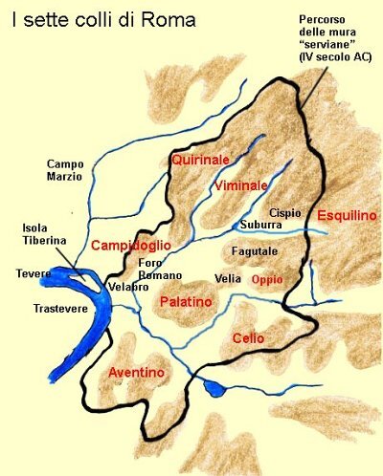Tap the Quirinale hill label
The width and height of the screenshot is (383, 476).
(198, 160)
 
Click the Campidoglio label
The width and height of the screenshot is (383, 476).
(131, 246)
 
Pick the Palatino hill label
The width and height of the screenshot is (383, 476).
(185, 302)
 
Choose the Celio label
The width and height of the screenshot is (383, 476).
(248, 338)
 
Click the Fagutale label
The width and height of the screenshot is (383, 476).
(253, 251)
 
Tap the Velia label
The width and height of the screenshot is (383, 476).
(227, 279)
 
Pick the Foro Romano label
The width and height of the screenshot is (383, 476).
(155, 269)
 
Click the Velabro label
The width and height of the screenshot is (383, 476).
(126, 286)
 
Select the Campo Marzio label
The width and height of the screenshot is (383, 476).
(65, 169)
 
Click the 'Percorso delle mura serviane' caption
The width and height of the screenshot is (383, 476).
(334, 39)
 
